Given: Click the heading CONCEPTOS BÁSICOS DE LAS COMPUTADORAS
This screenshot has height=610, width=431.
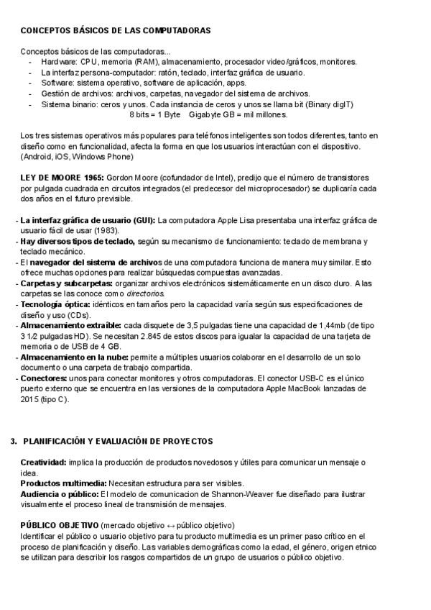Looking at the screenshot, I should pyautogui.click(x=115, y=31).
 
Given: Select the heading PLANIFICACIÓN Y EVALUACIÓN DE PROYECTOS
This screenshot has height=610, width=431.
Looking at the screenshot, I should pyautogui.click(x=118, y=440).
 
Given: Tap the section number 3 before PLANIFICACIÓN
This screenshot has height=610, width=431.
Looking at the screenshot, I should pyautogui.click(x=13, y=440).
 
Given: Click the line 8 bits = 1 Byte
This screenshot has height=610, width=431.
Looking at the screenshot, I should pyautogui.click(x=154, y=114).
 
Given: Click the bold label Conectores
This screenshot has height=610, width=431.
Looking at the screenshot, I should pyautogui.click(x=45, y=378).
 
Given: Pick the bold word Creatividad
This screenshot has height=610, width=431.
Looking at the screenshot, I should pyautogui.click(x=43, y=462).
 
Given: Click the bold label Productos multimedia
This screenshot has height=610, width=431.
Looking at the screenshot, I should pyautogui.click(x=63, y=483).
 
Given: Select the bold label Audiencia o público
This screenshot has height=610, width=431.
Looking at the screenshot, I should pyautogui.click(x=60, y=493).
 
